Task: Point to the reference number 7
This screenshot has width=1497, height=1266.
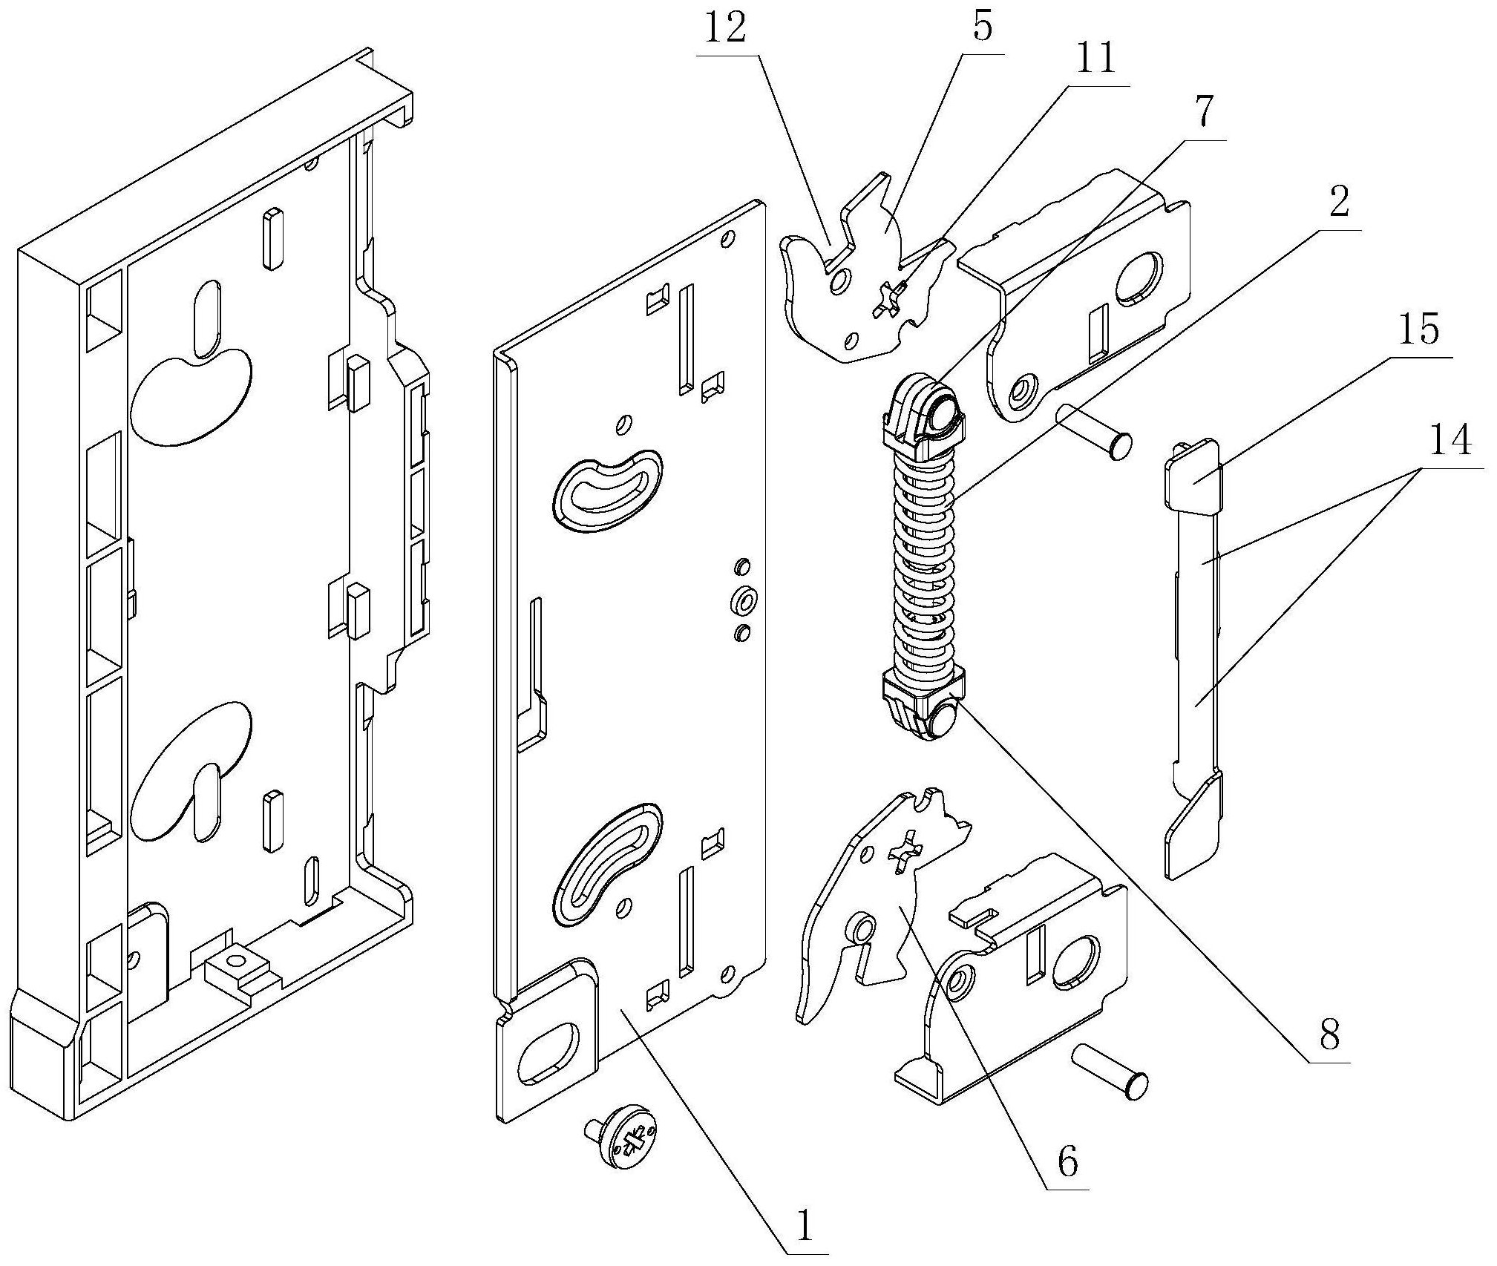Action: pyautogui.click(x=1204, y=113)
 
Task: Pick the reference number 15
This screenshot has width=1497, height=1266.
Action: pyautogui.click(x=1419, y=330)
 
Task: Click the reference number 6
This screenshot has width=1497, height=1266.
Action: pyautogui.click(x=1067, y=1163)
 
